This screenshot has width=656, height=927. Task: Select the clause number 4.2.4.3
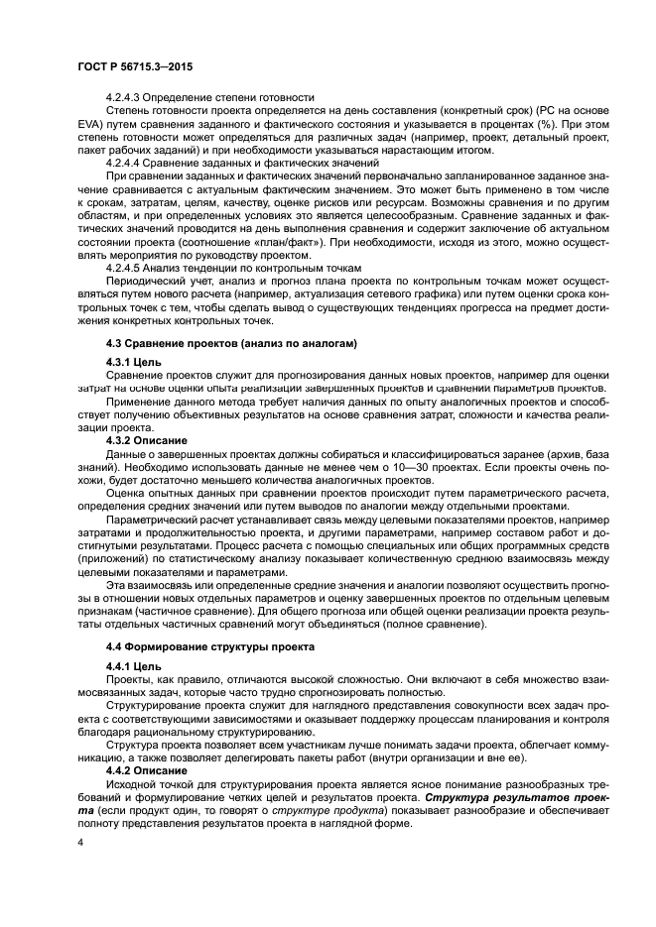(x=125, y=97)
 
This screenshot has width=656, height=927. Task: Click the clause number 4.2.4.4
(x=125, y=160)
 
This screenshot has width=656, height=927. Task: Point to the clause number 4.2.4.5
(x=125, y=266)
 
